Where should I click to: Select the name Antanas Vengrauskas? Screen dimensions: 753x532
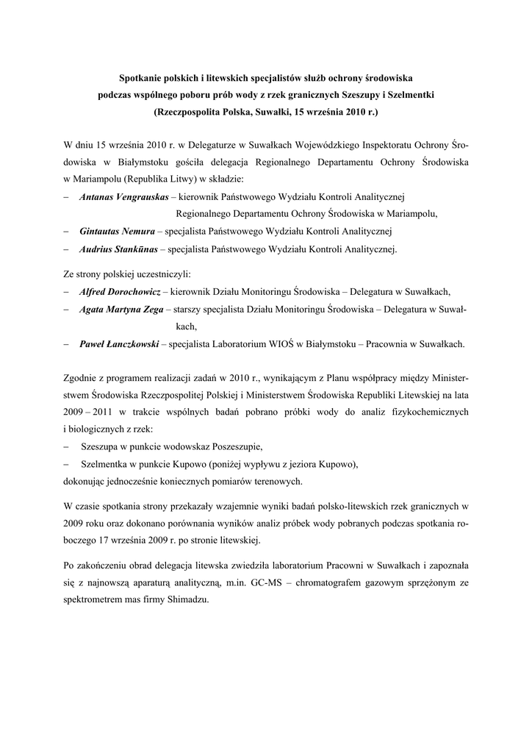[124, 197]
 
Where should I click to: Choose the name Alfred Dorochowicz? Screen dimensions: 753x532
[120, 291]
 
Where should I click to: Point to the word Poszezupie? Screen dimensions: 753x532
[235, 446]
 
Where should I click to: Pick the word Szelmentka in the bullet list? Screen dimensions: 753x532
[104, 464]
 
